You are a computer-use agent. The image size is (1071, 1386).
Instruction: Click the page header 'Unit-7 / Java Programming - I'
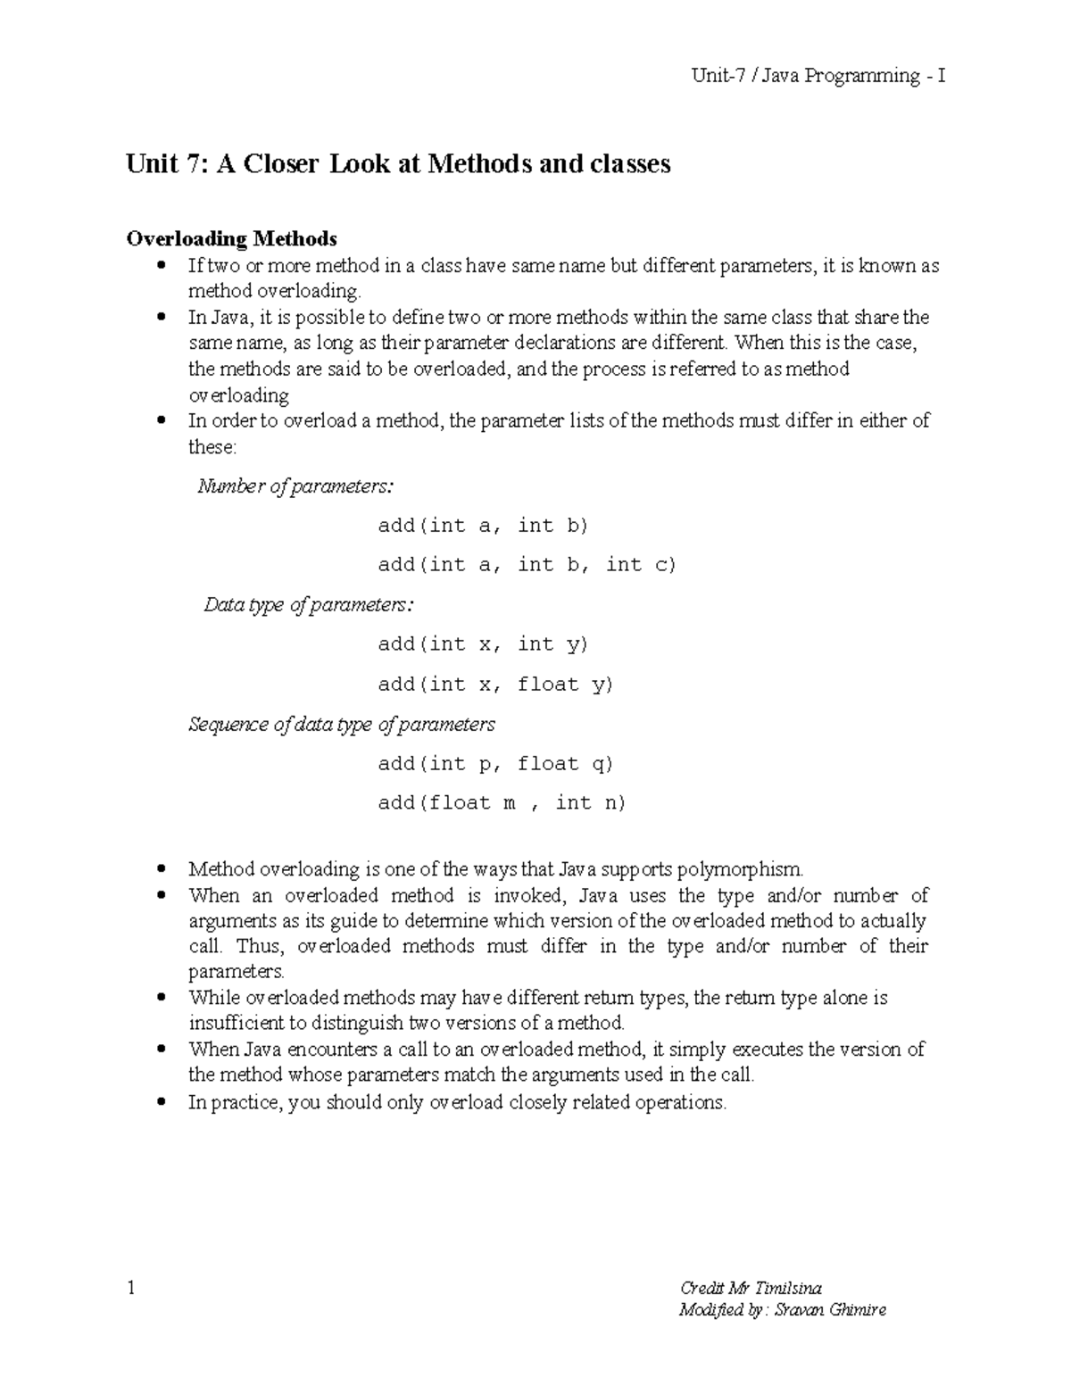click(818, 76)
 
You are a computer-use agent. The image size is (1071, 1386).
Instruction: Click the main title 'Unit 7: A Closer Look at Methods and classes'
click(398, 164)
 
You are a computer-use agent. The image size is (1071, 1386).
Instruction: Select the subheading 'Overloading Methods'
click(232, 238)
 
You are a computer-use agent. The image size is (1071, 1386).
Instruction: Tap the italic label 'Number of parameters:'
click(295, 486)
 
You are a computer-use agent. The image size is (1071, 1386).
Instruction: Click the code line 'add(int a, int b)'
click(483, 526)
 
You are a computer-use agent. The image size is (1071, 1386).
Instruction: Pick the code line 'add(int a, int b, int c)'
click(527, 565)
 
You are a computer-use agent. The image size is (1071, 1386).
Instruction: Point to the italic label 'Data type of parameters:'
click(309, 605)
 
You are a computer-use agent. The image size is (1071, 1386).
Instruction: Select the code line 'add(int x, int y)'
click(483, 644)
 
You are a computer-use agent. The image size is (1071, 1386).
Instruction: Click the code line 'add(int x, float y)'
click(495, 685)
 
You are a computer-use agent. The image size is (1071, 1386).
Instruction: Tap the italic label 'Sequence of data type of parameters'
click(342, 724)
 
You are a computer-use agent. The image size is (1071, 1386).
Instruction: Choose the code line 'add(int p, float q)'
click(495, 764)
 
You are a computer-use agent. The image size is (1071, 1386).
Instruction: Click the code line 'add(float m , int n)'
click(502, 803)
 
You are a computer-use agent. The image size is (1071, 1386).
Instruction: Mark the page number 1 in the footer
click(132, 1288)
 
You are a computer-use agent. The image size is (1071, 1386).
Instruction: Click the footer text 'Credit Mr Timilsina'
click(751, 1288)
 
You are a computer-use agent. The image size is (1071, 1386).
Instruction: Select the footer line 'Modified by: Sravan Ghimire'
click(783, 1310)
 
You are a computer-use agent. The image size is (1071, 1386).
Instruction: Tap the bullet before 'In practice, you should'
click(162, 1103)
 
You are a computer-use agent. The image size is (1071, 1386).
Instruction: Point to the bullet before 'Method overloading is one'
click(162, 869)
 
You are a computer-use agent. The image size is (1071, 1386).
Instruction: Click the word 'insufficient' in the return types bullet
click(237, 1023)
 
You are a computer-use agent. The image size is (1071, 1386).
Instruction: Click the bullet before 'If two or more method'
click(162, 266)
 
